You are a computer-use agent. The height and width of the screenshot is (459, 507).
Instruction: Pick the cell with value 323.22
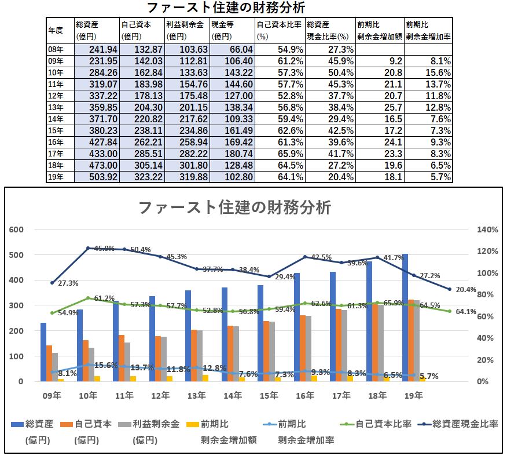pyautogui.click(x=142, y=177)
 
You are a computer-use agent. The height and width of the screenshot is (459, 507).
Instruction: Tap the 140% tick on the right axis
pyautogui.click(x=487, y=230)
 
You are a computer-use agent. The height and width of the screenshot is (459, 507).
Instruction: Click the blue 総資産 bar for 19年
pyautogui.click(x=406, y=318)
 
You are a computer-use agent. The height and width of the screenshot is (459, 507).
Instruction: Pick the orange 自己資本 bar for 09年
pyautogui.click(x=50, y=363)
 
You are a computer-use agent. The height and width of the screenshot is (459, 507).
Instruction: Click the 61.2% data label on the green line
pyautogui.click(x=104, y=298)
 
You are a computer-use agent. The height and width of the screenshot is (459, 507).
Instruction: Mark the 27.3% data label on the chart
pyautogui.click(x=67, y=283)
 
